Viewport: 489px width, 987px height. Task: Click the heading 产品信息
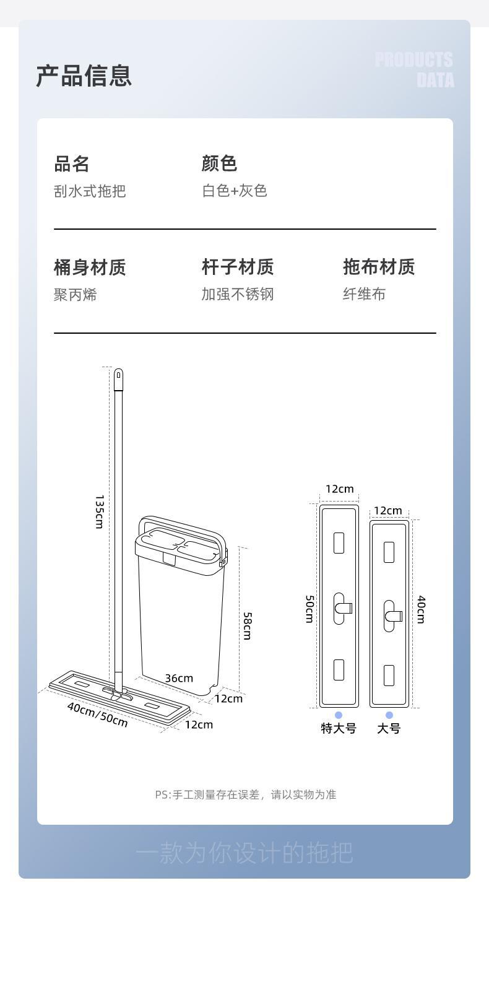pyautogui.click(x=84, y=76)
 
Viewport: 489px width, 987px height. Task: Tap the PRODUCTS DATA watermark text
pyautogui.click(x=414, y=69)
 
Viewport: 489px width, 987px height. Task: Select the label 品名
pyautogui.click(x=72, y=164)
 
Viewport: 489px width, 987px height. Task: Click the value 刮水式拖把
pyautogui.click(x=90, y=191)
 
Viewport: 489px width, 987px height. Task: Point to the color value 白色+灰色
pyautogui.click(x=234, y=191)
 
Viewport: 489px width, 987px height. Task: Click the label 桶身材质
pyautogui.click(x=90, y=267)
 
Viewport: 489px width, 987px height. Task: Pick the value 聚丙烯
pyautogui.click(x=76, y=295)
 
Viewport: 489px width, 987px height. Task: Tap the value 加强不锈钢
pyautogui.click(x=237, y=294)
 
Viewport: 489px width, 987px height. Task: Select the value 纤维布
pyautogui.click(x=364, y=294)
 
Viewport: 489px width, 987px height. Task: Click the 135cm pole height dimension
pyautogui.click(x=99, y=511)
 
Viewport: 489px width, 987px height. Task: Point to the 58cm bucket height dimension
pyautogui.click(x=247, y=625)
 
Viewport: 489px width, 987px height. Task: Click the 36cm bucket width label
pyautogui.click(x=179, y=678)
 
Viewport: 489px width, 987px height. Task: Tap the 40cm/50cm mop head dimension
pyautogui.click(x=98, y=715)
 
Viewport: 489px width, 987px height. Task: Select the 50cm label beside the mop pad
pyautogui.click(x=309, y=609)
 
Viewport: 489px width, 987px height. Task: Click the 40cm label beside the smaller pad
pyautogui.click(x=421, y=609)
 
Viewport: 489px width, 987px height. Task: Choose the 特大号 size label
pyautogui.click(x=339, y=728)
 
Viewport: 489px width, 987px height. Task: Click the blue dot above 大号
pyautogui.click(x=389, y=715)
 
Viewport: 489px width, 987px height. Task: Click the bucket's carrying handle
pyautogui.click(x=180, y=524)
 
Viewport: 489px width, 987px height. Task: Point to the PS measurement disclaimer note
pyautogui.click(x=245, y=794)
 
